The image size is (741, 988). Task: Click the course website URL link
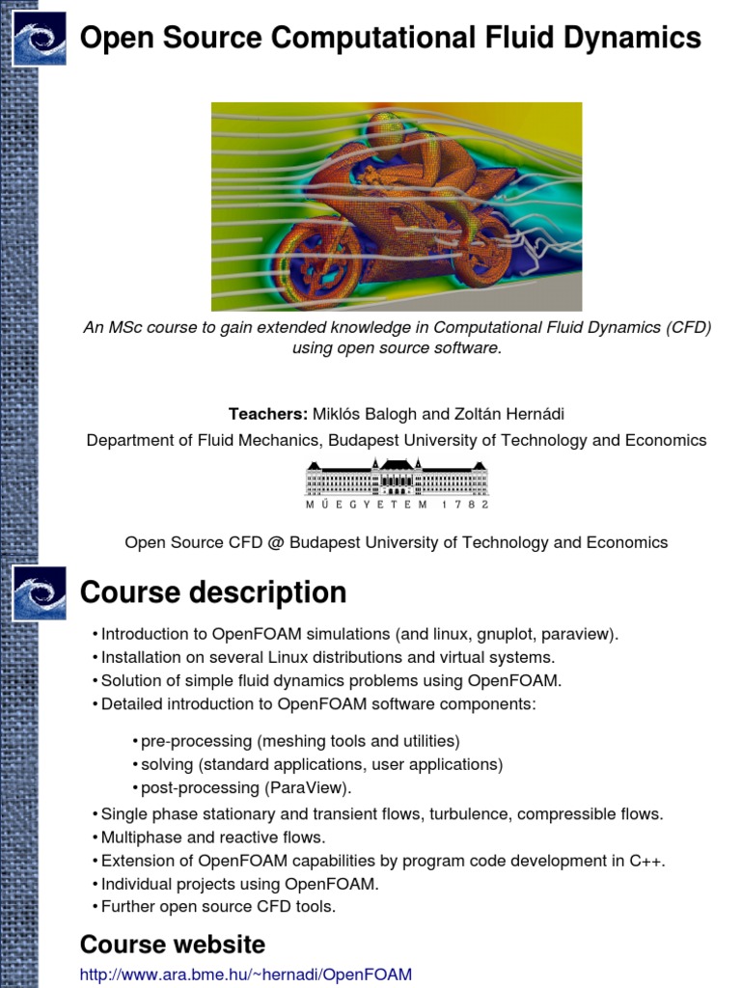pyautogui.click(x=246, y=974)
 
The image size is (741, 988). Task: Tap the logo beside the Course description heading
pyautogui.click(x=40, y=592)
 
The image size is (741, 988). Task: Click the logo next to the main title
pyautogui.click(x=40, y=39)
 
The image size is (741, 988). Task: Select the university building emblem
pyautogui.click(x=397, y=478)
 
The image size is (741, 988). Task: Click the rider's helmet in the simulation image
pyautogui.click(x=387, y=131)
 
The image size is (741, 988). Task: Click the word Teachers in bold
pyautogui.click(x=267, y=414)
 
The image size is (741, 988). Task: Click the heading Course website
pyautogui.click(x=172, y=944)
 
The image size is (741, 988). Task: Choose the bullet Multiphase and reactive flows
pyautogui.click(x=213, y=837)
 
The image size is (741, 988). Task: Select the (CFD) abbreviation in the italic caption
pyautogui.click(x=688, y=327)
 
